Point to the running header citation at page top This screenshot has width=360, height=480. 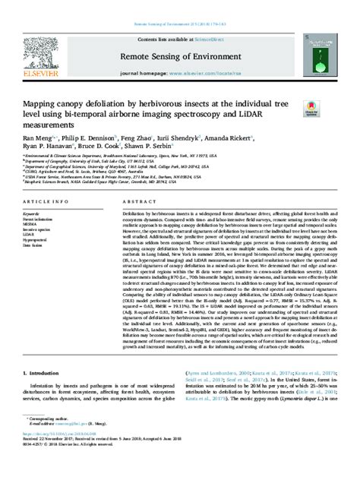(179, 7)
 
